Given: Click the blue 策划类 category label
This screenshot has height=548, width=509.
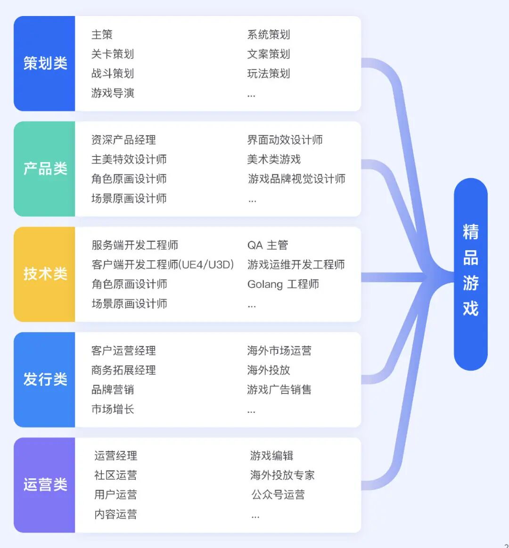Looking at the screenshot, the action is (x=45, y=63).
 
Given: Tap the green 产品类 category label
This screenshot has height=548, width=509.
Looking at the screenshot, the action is (x=45, y=169).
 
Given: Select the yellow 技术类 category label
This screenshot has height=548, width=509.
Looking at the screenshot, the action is (x=45, y=274).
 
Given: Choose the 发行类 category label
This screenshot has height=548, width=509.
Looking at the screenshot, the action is (x=45, y=379).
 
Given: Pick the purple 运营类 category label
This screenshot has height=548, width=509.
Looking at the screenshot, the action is (x=45, y=485).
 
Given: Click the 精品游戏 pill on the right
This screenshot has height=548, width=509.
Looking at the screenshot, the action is (x=470, y=274).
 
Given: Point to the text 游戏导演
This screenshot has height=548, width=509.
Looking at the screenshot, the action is (x=113, y=93).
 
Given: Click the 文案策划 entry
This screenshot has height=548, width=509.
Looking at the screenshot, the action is (x=269, y=54).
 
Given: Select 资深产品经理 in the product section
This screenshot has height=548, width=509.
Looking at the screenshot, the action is (x=123, y=140).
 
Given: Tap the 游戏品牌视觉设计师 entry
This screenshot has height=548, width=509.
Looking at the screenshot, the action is (x=296, y=179).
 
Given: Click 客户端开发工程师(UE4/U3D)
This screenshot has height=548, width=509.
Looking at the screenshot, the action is (x=163, y=265).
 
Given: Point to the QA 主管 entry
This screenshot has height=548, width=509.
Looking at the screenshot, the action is (x=267, y=245).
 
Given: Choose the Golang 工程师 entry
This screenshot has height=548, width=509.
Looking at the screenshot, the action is (x=283, y=284).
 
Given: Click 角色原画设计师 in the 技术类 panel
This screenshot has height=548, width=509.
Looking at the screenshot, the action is (x=129, y=284).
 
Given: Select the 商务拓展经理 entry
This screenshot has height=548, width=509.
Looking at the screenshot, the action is (x=123, y=370).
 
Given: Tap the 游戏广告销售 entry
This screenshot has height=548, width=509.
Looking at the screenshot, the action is (x=279, y=390).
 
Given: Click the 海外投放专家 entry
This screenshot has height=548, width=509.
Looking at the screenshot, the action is (x=282, y=475).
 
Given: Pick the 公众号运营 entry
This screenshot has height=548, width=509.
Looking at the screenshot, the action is (x=278, y=495).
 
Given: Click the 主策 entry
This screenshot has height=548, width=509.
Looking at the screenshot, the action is (x=102, y=34).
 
